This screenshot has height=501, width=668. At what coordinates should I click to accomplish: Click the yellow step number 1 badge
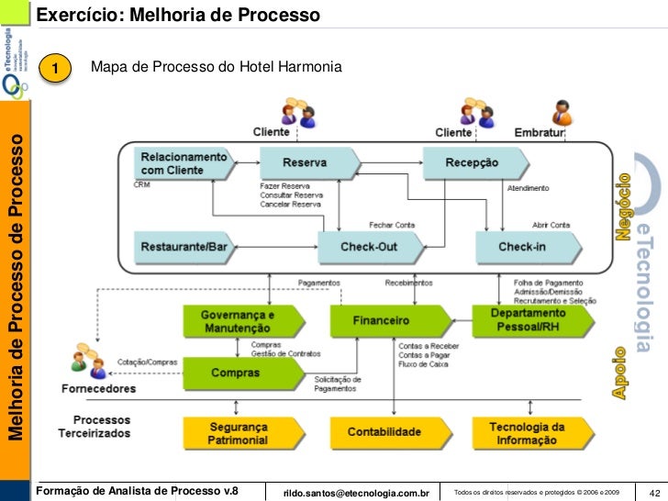click(x=58, y=70)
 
